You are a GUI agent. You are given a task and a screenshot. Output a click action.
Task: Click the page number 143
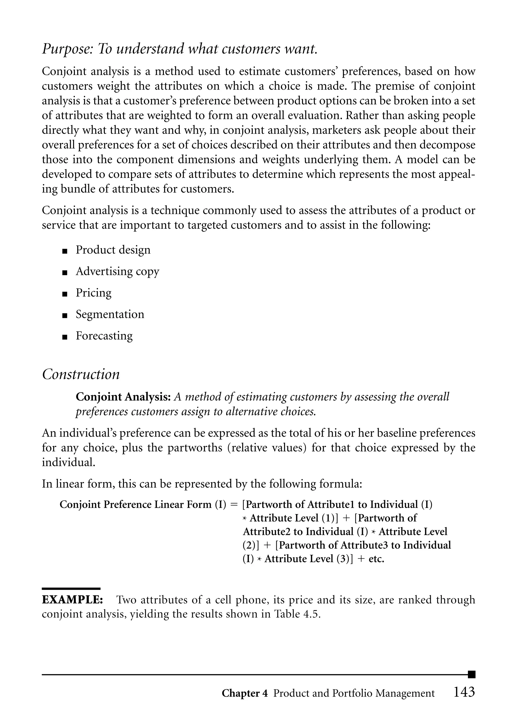pyautogui.click(x=464, y=692)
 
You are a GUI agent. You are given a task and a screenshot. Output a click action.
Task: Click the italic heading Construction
pyautogui.click(x=81, y=374)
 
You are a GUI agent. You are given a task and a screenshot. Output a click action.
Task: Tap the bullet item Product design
pyautogui.click(x=113, y=250)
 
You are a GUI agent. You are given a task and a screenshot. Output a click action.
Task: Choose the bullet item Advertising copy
pyautogui.click(x=117, y=271)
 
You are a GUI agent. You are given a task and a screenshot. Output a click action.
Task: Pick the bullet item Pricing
pyautogui.click(x=93, y=293)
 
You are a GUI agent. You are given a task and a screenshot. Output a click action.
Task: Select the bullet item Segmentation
pyautogui.click(x=110, y=314)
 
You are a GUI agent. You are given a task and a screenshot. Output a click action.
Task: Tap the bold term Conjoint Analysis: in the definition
pyautogui.click(x=123, y=397)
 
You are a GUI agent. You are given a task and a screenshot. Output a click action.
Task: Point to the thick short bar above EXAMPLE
pyautogui.click(x=71, y=589)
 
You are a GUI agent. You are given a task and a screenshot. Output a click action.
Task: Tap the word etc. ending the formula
pyautogui.click(x=376, y=559)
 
